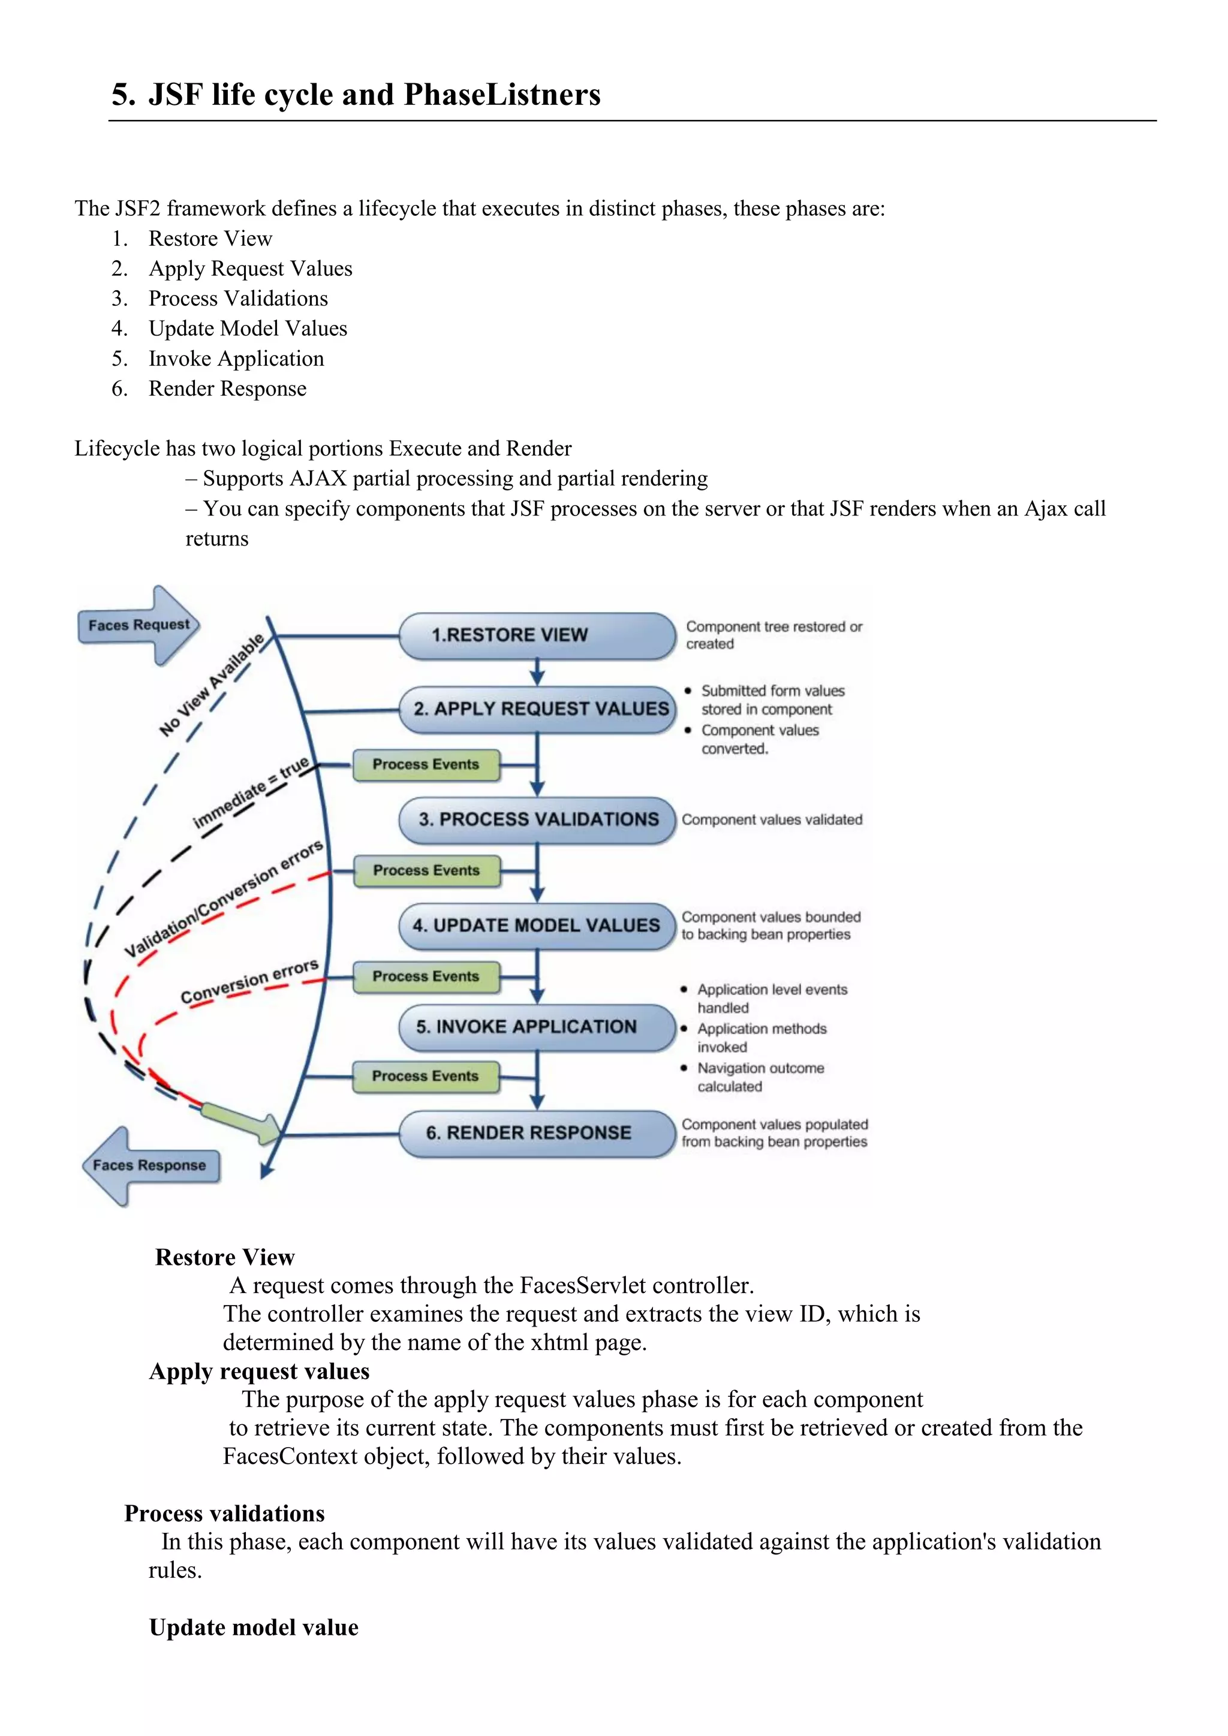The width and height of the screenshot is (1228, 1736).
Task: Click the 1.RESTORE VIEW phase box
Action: [537, 635]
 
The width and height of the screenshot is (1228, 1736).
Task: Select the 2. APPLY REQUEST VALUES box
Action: [537, 709]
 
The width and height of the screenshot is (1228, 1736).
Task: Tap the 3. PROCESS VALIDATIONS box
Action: [537, 819]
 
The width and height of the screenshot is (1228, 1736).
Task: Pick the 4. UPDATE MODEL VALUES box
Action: [537, 926]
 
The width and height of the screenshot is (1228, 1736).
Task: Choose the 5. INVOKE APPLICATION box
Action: [537, 1027]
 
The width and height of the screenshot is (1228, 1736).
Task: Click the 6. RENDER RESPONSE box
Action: [537, 1132]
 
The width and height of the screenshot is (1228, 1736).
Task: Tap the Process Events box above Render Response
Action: [426, 1076]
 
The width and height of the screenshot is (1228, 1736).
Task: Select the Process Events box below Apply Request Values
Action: [426, 764]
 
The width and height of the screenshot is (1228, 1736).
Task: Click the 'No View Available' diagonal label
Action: [212, 684]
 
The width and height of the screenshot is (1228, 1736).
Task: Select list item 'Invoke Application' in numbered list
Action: [236, 358]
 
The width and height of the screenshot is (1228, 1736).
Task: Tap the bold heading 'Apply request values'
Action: [260, 1371]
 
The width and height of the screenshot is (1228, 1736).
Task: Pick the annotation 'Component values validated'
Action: [771, 819]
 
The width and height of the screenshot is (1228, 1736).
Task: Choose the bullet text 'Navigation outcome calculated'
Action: [760, 1077]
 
